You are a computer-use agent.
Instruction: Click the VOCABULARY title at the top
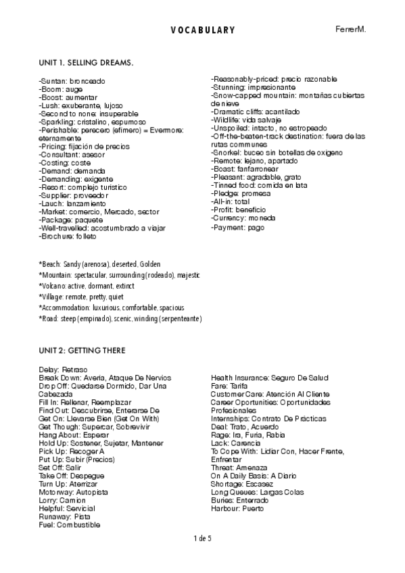click(202, 30)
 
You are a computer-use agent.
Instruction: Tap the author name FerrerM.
click(350, 30)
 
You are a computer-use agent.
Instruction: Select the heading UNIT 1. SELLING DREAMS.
click(86, 63)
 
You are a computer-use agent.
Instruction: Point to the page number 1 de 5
click(202, 538)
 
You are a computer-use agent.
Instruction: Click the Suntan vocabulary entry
click(72, 81)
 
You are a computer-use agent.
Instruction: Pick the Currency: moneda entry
click(243, 218)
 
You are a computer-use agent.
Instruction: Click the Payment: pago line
click(237, 228)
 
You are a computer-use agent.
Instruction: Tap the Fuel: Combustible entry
click(69, 524)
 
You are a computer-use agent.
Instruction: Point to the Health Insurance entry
click(269, 378)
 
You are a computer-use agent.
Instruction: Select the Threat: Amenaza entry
click(239, 468)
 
